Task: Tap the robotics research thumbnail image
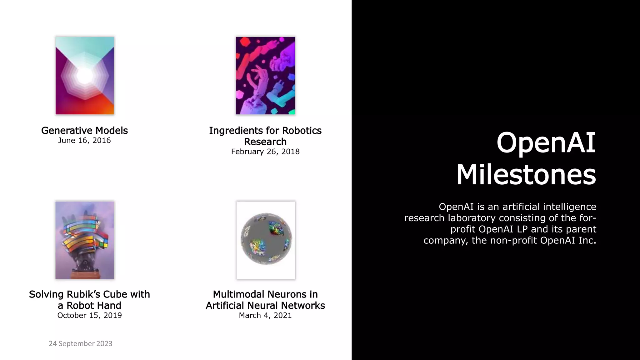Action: click(x=265, y=76)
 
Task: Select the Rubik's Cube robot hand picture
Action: click(x=85, y=240)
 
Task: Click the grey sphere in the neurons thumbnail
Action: click(x=266, y=239)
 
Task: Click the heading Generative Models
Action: click(x=84, y=130)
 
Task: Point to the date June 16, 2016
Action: click(x=84, y=140)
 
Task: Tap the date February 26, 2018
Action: click(x=265, y=152)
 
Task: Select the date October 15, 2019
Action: click(x=89, y=315)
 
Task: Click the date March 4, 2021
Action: click(x=265, y=315)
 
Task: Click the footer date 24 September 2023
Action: click(x=81, y=343)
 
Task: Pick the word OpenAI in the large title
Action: click(x=546, y=143)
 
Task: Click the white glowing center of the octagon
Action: click(x=84, y=75)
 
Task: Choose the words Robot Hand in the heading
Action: click(x=94, y=306)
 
